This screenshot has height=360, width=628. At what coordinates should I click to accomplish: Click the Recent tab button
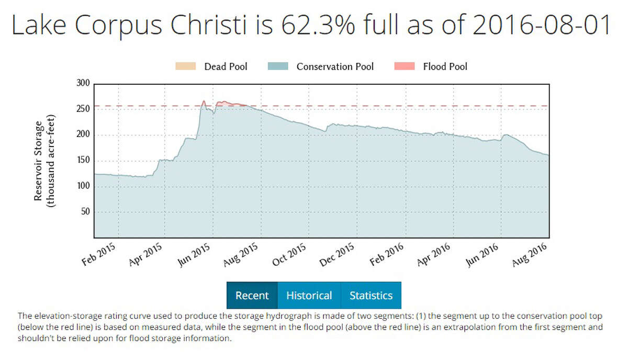pyautogui.click(x=252, y=296)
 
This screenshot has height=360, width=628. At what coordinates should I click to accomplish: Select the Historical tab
pyautogui.click(x=309, y=296)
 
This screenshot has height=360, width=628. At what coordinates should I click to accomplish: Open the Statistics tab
pyautogui.click(x=371, y=296)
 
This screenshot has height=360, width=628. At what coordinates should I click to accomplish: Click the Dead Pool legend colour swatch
pyautogui.click(x=185, y=66)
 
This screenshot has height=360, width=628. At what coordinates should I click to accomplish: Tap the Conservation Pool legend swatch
pyautogui.click(x=277, y=66)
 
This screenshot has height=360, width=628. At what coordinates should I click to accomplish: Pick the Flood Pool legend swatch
pyautogui.click(x=404, y=66)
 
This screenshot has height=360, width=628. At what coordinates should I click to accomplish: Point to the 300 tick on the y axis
pyautogui.click(x=84, y=83)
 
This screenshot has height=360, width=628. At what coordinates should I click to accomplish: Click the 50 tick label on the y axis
pyautogui.click(x=86, y=212)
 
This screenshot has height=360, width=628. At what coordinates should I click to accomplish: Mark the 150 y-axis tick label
pyautogui.click(x=84, y=161)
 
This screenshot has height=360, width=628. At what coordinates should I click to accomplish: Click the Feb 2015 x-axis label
pyautogui.click(x=99, y=254)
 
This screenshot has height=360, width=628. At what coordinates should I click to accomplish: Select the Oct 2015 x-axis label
pyautogui.click(x=289, y=254)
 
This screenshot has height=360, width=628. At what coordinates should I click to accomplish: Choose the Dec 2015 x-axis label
pyautogui.click(x=337, y=254)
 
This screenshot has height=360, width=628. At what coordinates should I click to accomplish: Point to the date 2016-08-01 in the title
pyautogui.click(x=541, y=25)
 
